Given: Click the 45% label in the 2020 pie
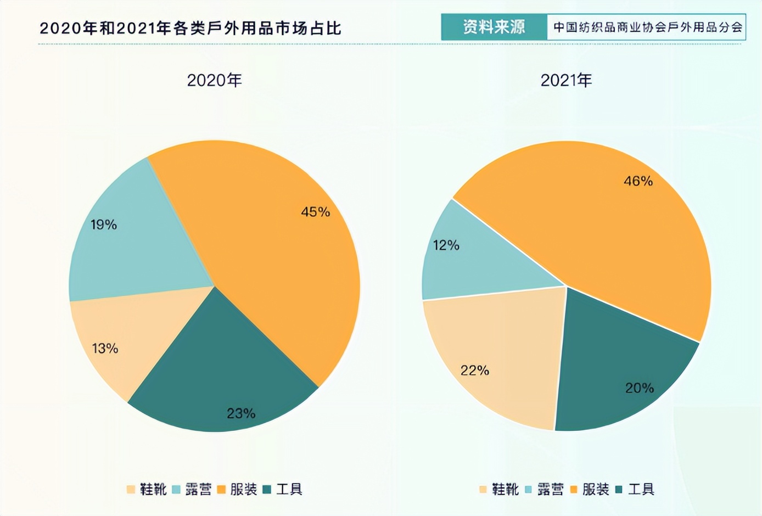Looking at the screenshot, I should pos(315,212).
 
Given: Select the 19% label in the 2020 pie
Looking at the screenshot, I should pos(104,225).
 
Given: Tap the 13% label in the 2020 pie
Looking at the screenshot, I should pos(105,348).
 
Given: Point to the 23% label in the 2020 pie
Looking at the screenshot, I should pos(241,413).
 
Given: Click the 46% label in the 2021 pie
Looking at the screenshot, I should pos(638,181).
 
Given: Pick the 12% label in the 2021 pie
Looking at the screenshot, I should pos(446,245).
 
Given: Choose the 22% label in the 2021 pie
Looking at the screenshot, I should pos(475,371).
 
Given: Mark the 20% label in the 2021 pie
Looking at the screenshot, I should pos(640,388).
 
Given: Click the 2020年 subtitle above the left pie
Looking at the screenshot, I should pos(214,81).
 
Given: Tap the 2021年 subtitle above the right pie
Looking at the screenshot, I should pos(566,81).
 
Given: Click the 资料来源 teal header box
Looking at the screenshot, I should pos(494,27).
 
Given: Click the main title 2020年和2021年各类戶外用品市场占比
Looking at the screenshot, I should pos(190,29).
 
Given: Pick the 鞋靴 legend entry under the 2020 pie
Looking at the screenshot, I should pos(153,489).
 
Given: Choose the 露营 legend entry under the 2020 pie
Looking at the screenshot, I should pos(198,489).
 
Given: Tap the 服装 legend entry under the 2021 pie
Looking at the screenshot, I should pos(596,489).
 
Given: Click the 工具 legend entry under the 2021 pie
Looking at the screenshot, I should pos(641,489).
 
